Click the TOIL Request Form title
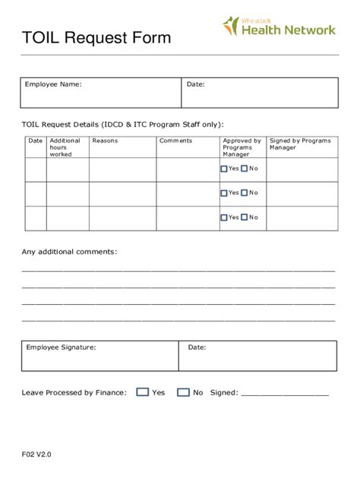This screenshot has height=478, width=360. point(96,38)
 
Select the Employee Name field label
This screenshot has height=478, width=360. point(54,84)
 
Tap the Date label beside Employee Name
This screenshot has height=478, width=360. point(196,84)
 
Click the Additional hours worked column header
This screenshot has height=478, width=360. point(65,147)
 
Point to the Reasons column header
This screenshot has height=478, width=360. point(105,140)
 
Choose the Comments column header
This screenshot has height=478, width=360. point(175,140)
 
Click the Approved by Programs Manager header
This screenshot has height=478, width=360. point(242,147)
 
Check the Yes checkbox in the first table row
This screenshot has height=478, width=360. point(224,169)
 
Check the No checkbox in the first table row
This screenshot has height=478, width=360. point(245,169)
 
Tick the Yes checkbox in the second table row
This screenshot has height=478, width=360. point(224,193)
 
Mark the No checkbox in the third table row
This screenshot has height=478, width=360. point(245,218)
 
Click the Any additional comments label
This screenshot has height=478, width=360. point(69,251)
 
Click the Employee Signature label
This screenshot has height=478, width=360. point(61,347)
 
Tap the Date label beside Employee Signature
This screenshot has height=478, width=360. point(197,347)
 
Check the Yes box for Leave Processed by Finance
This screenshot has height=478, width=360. point(143,392)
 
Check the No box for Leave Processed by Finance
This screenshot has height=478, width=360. point(183,392)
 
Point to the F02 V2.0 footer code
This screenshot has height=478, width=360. point(36,454)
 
